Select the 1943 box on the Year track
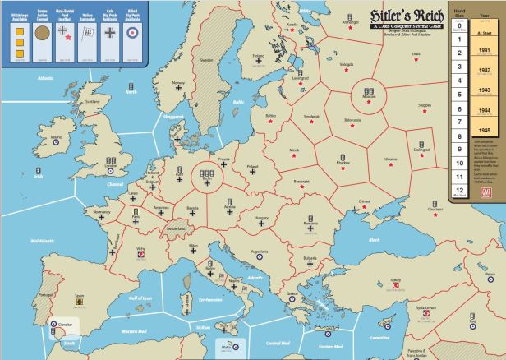pos(484,90)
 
